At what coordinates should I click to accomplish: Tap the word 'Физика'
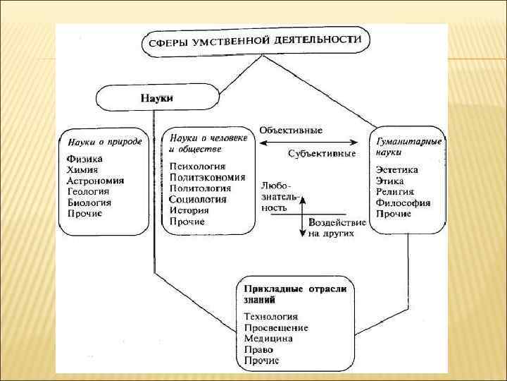click(x=84, y=159)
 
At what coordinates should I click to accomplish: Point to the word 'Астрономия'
click(x=95, y=181)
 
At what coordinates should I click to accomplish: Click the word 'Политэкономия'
click(x=207, y=178)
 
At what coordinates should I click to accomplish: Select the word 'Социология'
click(x=198, y=200)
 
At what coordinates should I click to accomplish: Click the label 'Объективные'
click(x=291, y=130)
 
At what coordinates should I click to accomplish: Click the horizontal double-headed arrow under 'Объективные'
click(x=313, y=142)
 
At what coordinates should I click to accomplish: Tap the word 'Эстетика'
click(x=397, y=170)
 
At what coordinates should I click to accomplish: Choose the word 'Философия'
click(x=403, y=202)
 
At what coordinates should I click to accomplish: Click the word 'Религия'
click(x=395, y=191)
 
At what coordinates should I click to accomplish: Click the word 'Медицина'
click(x=268, y=339)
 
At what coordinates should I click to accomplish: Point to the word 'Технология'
click(x=271, y=317)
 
